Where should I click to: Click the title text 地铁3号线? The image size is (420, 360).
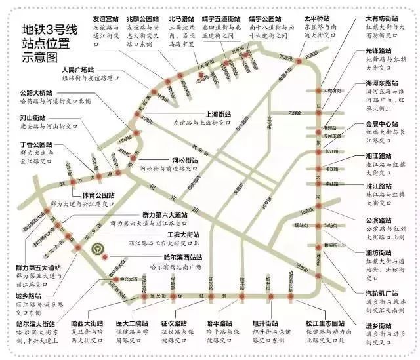click(x=49, y=30)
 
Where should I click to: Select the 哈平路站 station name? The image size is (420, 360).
click(x=219, y=323)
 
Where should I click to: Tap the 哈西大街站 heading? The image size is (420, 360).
click(x=88, y=323)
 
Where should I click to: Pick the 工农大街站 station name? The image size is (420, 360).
click(x=183, y=234)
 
